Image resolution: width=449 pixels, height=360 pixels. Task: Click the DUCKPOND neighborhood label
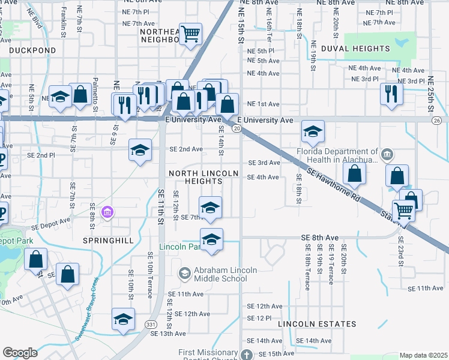(x=29, y=52)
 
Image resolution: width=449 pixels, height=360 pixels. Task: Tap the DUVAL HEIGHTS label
(x=355, y=49)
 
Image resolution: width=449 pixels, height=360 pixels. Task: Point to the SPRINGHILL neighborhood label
(x=105, y=239)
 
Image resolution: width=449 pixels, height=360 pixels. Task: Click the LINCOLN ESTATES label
(x=317, y=324)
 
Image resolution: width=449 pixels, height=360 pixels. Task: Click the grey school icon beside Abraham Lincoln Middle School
(x=184, y=274)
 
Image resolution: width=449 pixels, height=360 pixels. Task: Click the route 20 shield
(x=237, y=128)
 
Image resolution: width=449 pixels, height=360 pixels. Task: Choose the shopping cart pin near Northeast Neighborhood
(x=190, y=34)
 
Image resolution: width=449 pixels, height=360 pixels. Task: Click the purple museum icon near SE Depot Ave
(x=107, y=212)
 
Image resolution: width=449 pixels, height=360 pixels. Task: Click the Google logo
(x=20, y=353)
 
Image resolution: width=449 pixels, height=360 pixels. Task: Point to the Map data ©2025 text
(x=423, y=355)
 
